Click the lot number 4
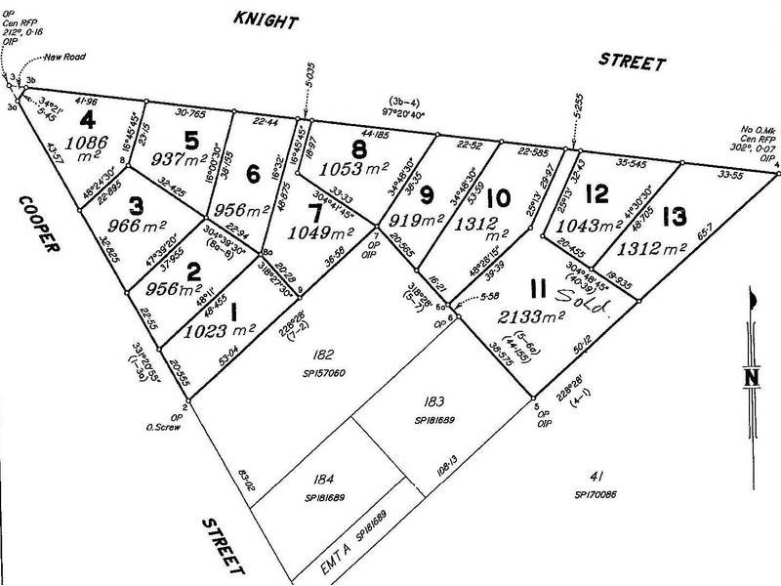[89, 121]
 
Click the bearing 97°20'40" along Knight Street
[422, 112]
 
